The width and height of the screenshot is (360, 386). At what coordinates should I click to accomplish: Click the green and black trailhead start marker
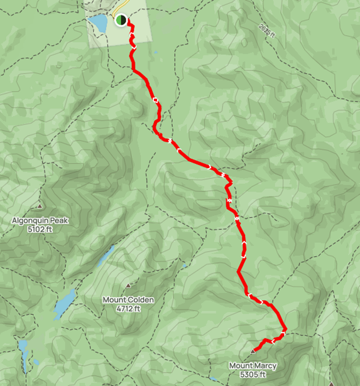(x=120, y=19)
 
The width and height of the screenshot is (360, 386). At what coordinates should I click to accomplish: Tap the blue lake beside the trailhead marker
(x=99, y=24)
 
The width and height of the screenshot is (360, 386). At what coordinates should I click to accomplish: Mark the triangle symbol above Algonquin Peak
(x=41, y=206)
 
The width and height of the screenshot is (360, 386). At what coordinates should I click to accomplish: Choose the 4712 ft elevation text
(x=128, y=308)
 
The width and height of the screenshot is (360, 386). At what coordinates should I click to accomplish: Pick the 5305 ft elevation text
(x=253, y=375)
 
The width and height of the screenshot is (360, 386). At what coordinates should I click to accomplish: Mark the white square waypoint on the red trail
(x=155, y=100)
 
